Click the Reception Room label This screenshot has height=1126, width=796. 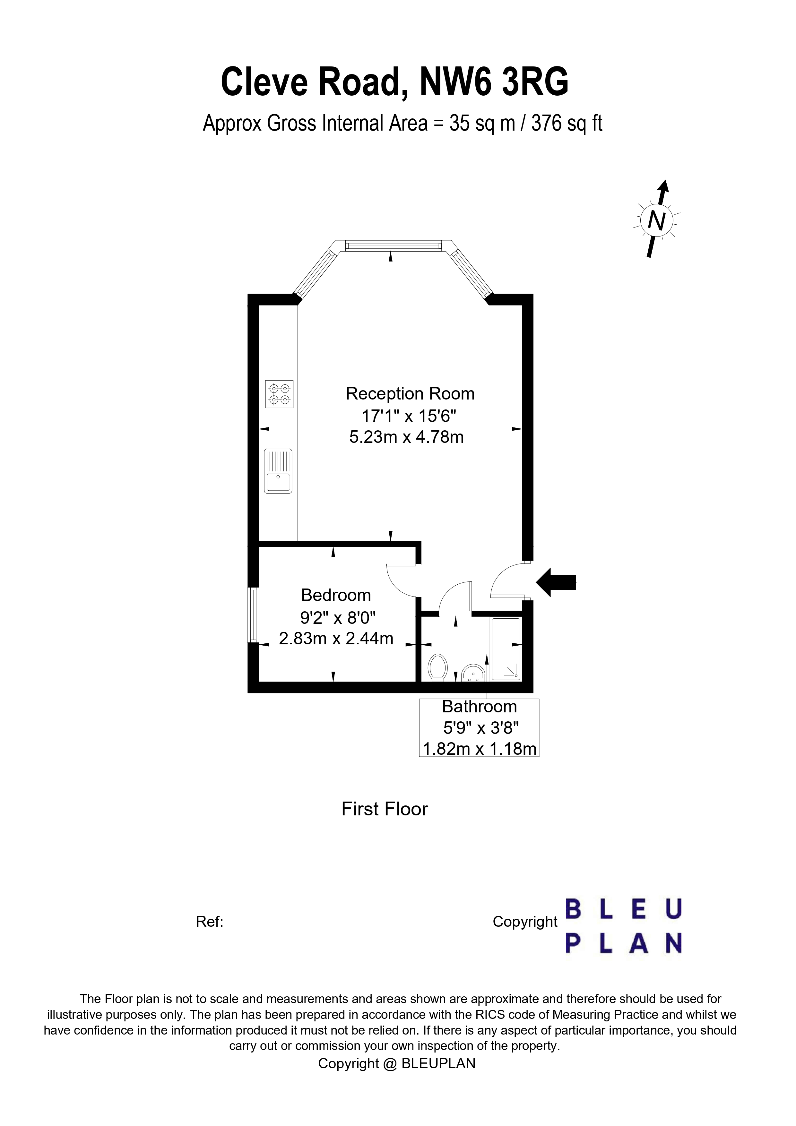point(410,394)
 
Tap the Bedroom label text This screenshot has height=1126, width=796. point(336,595)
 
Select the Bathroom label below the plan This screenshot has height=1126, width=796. point(479,707)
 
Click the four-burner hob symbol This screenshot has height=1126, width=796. point(279,394)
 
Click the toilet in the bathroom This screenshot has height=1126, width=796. point(437,667)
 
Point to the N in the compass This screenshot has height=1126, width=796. point(656,221)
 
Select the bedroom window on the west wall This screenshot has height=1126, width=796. point(253,615)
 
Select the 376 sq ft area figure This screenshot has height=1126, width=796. point(567,124)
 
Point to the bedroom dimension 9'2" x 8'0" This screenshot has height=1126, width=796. point(338,617)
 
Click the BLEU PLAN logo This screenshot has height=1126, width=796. point(623,926)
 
